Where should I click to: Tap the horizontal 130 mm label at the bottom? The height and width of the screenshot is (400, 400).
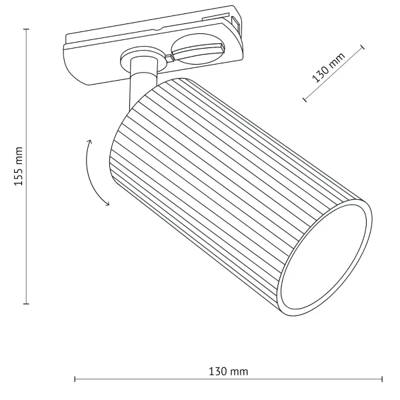pyautogui.click(x=229, y=371)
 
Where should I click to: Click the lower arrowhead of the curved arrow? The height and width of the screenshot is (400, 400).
pyautogui.click(x=107, y=204)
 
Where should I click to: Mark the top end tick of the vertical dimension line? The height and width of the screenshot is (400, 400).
pyautogui.click(x=27, y=29)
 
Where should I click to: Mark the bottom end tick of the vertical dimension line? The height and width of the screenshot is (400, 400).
pyautogui.click(x=27, y=303)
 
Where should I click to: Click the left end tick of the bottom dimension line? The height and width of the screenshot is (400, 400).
pyautogui.click(x=74, y=380)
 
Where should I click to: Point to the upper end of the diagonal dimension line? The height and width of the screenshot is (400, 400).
pyautogui.click(x=365, y=46)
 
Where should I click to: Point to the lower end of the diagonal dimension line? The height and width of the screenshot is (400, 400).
pyautogui.click(x=305, y=101)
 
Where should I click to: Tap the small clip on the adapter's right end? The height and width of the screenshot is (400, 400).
pyautogui.click(x=236, y=24)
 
